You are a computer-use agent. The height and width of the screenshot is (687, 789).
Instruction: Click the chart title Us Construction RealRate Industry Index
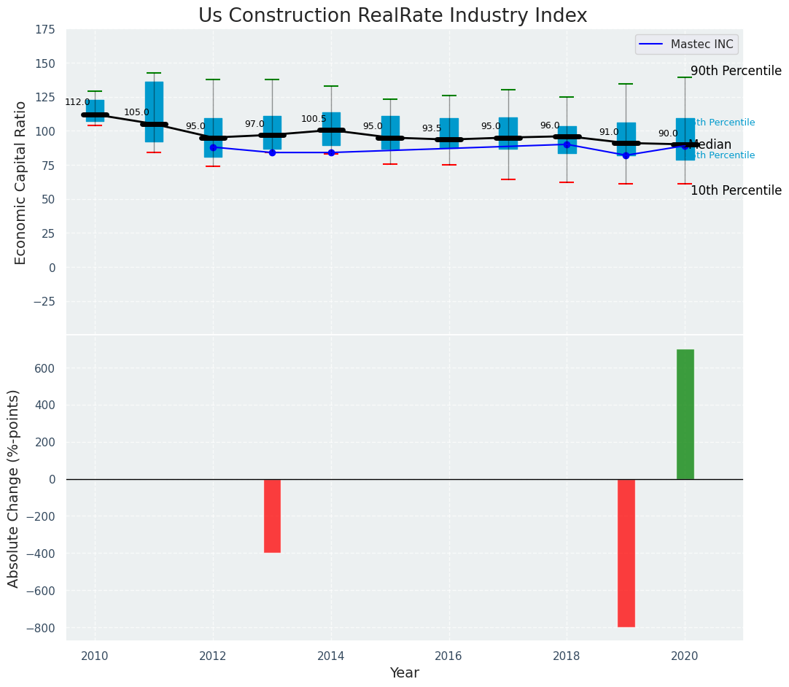point(392,16)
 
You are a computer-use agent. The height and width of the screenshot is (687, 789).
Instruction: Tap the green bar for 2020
point(685,414)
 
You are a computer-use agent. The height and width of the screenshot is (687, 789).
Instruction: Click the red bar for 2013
point(272,516)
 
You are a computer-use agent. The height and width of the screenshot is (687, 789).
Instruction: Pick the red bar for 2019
point(626,553)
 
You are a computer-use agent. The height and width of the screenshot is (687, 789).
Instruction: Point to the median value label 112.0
point(77,102)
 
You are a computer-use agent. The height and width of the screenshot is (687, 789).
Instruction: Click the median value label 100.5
point(314,119)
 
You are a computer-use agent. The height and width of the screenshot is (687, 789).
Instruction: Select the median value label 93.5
point(432,128)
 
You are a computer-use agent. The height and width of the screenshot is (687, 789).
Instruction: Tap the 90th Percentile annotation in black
point(736,71)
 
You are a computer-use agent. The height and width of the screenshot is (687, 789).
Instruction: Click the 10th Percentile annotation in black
point(736,190)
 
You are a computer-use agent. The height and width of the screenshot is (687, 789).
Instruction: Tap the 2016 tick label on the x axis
point(448,656)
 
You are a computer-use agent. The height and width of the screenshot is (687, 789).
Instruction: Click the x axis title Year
point(404,673)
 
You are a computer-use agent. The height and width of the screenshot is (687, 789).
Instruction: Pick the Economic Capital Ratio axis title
point(20,182)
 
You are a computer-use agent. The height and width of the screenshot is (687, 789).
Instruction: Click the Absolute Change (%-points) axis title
point(14,488)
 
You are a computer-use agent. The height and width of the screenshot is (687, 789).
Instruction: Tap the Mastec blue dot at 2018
point(567,144)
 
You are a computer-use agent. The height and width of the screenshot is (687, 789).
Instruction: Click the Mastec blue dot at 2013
point(272,152)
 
